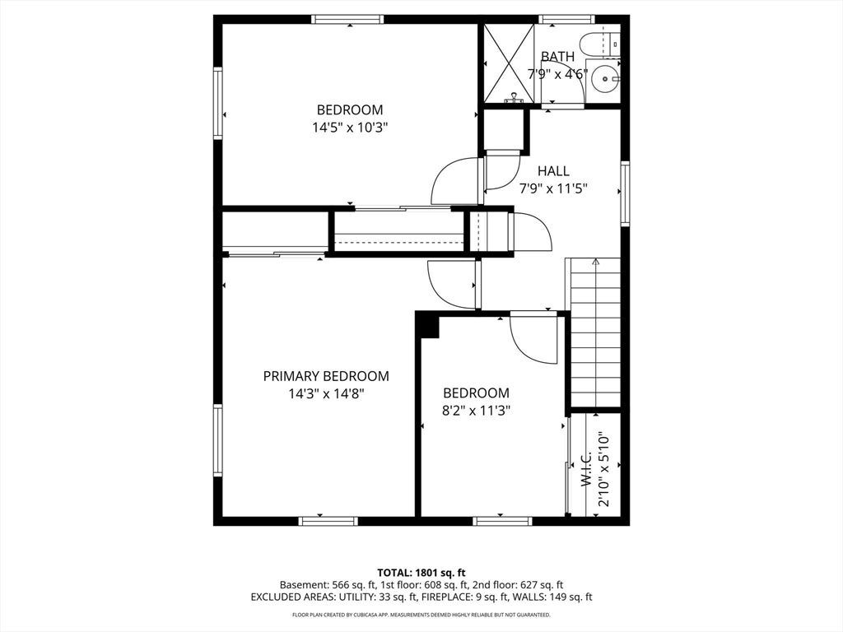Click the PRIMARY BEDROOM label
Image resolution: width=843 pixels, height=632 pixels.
326,376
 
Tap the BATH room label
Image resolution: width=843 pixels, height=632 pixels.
557,57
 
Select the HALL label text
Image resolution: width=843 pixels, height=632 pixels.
553,171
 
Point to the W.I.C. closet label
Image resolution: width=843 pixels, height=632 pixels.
586,469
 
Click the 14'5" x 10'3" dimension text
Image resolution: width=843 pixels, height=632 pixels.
350,128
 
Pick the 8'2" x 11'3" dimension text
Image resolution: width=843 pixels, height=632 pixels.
476,411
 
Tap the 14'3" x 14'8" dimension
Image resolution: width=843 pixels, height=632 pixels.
327,394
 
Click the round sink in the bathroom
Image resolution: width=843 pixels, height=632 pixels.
604,79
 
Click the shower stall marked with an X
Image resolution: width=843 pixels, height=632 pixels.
509,63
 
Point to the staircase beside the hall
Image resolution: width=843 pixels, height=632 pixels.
594,332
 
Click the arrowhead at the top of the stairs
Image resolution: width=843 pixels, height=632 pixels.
595,263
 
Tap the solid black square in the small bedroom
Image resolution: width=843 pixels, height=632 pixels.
430,328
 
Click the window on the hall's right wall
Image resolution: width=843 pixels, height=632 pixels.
625,193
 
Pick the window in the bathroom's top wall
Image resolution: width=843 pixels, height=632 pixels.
567,20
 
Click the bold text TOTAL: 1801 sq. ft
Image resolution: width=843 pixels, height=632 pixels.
421,573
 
